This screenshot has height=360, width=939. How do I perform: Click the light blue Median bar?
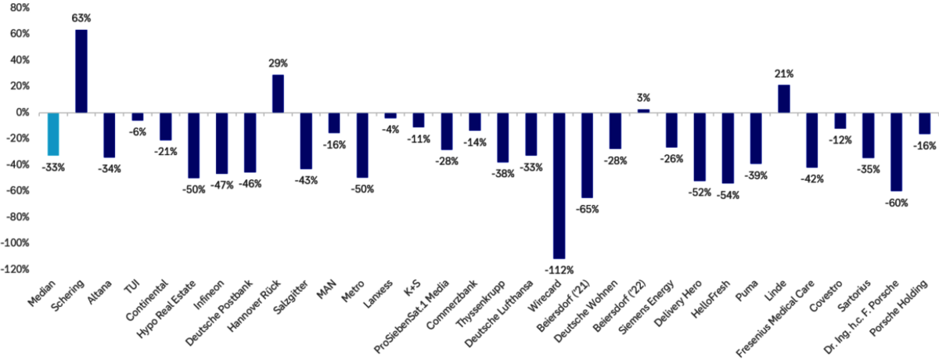[53, 134]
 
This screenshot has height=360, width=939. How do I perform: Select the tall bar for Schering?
[81, 71]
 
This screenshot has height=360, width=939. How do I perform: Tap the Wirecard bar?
[559, 185]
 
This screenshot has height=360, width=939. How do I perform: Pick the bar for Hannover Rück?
[278, 94]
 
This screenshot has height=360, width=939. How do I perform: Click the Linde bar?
[784, 99]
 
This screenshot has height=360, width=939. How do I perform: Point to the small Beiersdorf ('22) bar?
[643, 111]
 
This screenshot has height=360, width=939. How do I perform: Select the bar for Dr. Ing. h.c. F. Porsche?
[896, 152]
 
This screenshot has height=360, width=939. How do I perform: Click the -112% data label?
[559, 270]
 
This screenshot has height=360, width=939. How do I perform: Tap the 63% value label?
[81, 18]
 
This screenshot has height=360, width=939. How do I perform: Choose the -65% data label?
[588, 209]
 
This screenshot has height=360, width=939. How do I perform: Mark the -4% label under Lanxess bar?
[390, 130]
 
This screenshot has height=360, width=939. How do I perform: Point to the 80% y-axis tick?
[20, 8]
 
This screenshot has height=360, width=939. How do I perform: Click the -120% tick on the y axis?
[15, 269]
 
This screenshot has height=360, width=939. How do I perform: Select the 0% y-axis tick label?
[23, 113]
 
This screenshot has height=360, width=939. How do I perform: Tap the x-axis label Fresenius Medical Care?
[775, 319]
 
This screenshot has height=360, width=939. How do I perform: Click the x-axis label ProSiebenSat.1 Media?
[411, 316]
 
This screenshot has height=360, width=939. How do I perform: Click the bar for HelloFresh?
[728, 148]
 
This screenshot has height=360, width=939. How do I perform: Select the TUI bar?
[138, 117]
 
